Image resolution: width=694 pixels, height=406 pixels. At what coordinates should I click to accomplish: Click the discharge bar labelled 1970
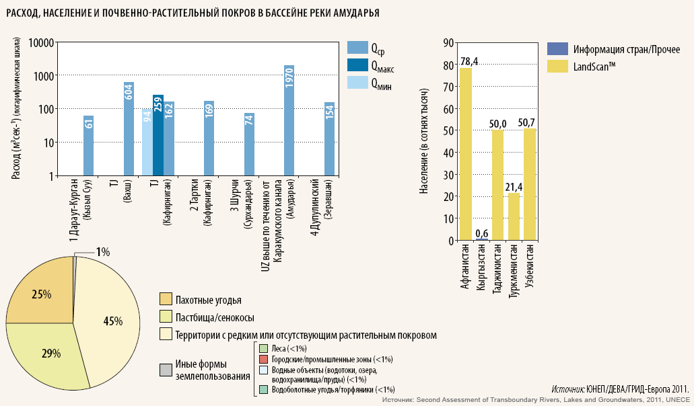click(x=289, y=121)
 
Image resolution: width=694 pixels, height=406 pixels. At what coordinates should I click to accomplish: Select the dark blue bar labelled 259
click(x=158, y=135)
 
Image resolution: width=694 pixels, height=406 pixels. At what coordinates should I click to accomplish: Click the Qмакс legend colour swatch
click(x=356, y=65)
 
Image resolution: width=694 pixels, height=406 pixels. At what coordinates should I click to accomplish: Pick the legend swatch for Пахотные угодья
click(x=165, y=299)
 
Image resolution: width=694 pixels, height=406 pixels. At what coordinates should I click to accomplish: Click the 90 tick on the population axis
click(x=446, y=43)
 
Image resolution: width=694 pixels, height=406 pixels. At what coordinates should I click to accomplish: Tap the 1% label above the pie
click(x=102, y=252)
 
